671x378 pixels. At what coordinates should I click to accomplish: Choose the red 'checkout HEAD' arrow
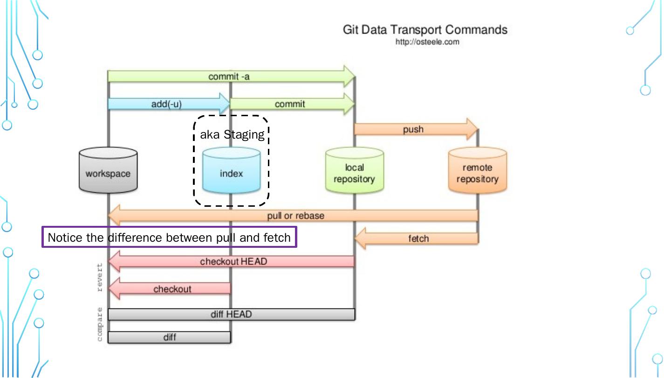point(233,261)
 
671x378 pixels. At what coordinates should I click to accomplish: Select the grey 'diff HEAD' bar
point(231,315)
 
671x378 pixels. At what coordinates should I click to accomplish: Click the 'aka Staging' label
point(232,135)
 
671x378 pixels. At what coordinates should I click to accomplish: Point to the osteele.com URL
point(427,42)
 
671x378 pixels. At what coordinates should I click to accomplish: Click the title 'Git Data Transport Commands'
point(425,29)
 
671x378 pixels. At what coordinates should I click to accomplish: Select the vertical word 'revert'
point(99,277)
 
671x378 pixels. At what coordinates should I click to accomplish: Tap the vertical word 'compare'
point(99,324)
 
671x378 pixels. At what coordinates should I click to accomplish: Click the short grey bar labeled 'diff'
point(170,337)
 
